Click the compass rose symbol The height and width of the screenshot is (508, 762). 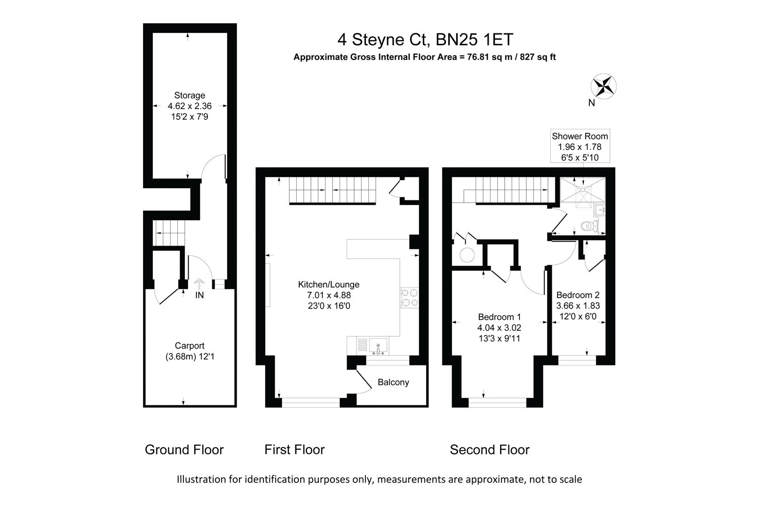click(x=603, y=87)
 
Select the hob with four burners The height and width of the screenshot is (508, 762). click(x=409, y=298)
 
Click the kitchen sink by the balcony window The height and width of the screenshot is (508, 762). click(x=378, y=346)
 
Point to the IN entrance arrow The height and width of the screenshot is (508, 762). click(x=199, y=284)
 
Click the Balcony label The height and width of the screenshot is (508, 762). click(x=393, y=382)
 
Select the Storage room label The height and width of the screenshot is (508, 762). click(x=190, y=95)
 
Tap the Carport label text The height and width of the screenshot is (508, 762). click(x=190, y=346)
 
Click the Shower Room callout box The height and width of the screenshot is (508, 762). click(x=580, y=146)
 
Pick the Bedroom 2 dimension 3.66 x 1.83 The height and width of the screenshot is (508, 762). click(x=578, y=306)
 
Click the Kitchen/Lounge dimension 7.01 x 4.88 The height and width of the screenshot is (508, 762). click(x=329, y=295)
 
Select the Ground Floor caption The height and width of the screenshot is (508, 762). click(x=184, y=450)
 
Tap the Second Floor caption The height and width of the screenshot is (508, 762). click(x=490, y=450)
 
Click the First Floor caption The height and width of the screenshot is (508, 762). click(x=294, y=450)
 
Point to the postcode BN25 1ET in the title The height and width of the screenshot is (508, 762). click(x=474, y=40)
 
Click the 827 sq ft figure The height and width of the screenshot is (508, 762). click(x=538, y=57)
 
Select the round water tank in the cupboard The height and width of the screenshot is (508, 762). click(x=467, y=255)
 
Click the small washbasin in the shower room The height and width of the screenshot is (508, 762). click(x=600, y=211)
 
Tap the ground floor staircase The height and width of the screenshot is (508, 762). click(x=169, y=233)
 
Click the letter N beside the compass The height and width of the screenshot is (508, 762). click(x=592, y=103)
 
